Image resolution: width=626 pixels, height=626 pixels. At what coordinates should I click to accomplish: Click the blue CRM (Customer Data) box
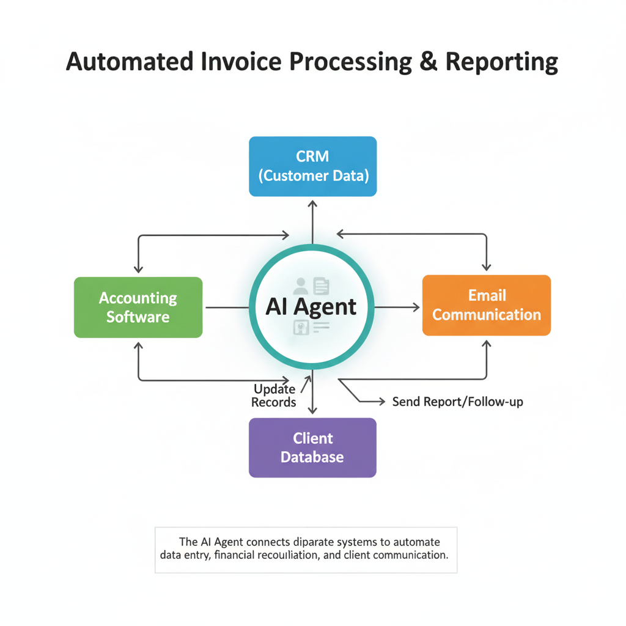[312, 166]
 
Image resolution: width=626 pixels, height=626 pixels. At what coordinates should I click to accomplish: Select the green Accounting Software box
[138, 307]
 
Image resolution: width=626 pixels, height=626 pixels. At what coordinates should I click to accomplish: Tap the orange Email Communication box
[487, 305]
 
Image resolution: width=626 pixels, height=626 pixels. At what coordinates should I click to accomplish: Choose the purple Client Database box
[312, 447]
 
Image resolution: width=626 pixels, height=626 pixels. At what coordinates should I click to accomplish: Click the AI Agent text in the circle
[311, 306]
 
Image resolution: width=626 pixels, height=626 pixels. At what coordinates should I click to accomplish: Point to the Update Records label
[274, 396]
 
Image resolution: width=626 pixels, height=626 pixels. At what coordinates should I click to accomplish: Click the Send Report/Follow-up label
[457, 402]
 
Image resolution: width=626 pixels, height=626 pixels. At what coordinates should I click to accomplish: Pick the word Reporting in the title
[501, 63]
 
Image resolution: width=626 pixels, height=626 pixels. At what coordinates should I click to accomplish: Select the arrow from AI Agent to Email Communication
[397, 307]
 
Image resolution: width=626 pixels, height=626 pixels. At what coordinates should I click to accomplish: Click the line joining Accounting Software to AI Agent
[226, 307]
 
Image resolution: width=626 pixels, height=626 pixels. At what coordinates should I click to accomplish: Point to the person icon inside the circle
[301, 285]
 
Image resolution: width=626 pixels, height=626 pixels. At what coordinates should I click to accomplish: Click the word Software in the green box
[138, 317]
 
